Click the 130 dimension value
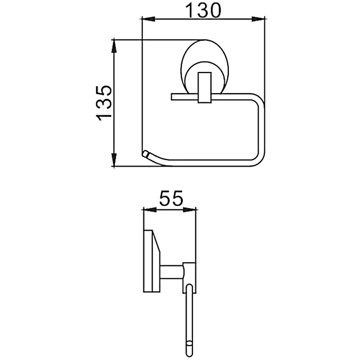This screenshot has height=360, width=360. [203, 10]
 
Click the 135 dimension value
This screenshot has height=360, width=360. [104, 103]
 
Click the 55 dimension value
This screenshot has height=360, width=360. [171, 198]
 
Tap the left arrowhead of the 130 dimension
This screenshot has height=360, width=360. [149, 20]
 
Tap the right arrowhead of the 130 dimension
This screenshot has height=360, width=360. [258, 20]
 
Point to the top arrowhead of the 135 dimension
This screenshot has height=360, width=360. [114, 47]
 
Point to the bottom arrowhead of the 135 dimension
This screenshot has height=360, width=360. [114, 159]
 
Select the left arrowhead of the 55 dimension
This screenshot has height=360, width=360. [150, 210]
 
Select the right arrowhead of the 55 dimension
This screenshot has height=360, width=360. [189, 210]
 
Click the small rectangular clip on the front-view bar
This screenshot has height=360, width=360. [204, 87]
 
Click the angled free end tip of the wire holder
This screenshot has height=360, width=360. [146, 153]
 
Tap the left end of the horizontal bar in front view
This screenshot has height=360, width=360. [171, 97]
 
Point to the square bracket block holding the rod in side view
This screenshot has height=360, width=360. [189, 278]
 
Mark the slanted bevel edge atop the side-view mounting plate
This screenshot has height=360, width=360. [156, 242]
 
